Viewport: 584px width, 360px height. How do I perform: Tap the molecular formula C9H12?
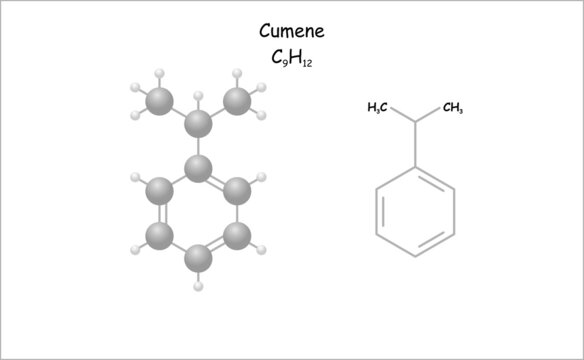tap(291, 58)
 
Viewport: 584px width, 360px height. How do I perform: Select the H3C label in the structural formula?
tap(378, 107)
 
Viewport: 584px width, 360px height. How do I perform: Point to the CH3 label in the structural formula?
tap(452, 107)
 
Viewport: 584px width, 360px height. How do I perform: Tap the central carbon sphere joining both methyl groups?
tap(198, 124)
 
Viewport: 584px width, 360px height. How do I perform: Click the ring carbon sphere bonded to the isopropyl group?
tap(198, 168)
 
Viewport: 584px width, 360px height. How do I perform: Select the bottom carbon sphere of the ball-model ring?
tap(198, 258)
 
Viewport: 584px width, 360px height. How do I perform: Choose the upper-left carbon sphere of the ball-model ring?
tap(159, 190)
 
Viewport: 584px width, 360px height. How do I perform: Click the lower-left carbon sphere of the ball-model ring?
tap(159, 236)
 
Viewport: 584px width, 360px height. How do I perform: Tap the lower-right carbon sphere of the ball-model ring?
tap(237, 236)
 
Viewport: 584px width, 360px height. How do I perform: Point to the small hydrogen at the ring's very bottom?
tap(198, 286)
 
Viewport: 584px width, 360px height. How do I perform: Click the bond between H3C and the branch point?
tap(402, 113)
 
